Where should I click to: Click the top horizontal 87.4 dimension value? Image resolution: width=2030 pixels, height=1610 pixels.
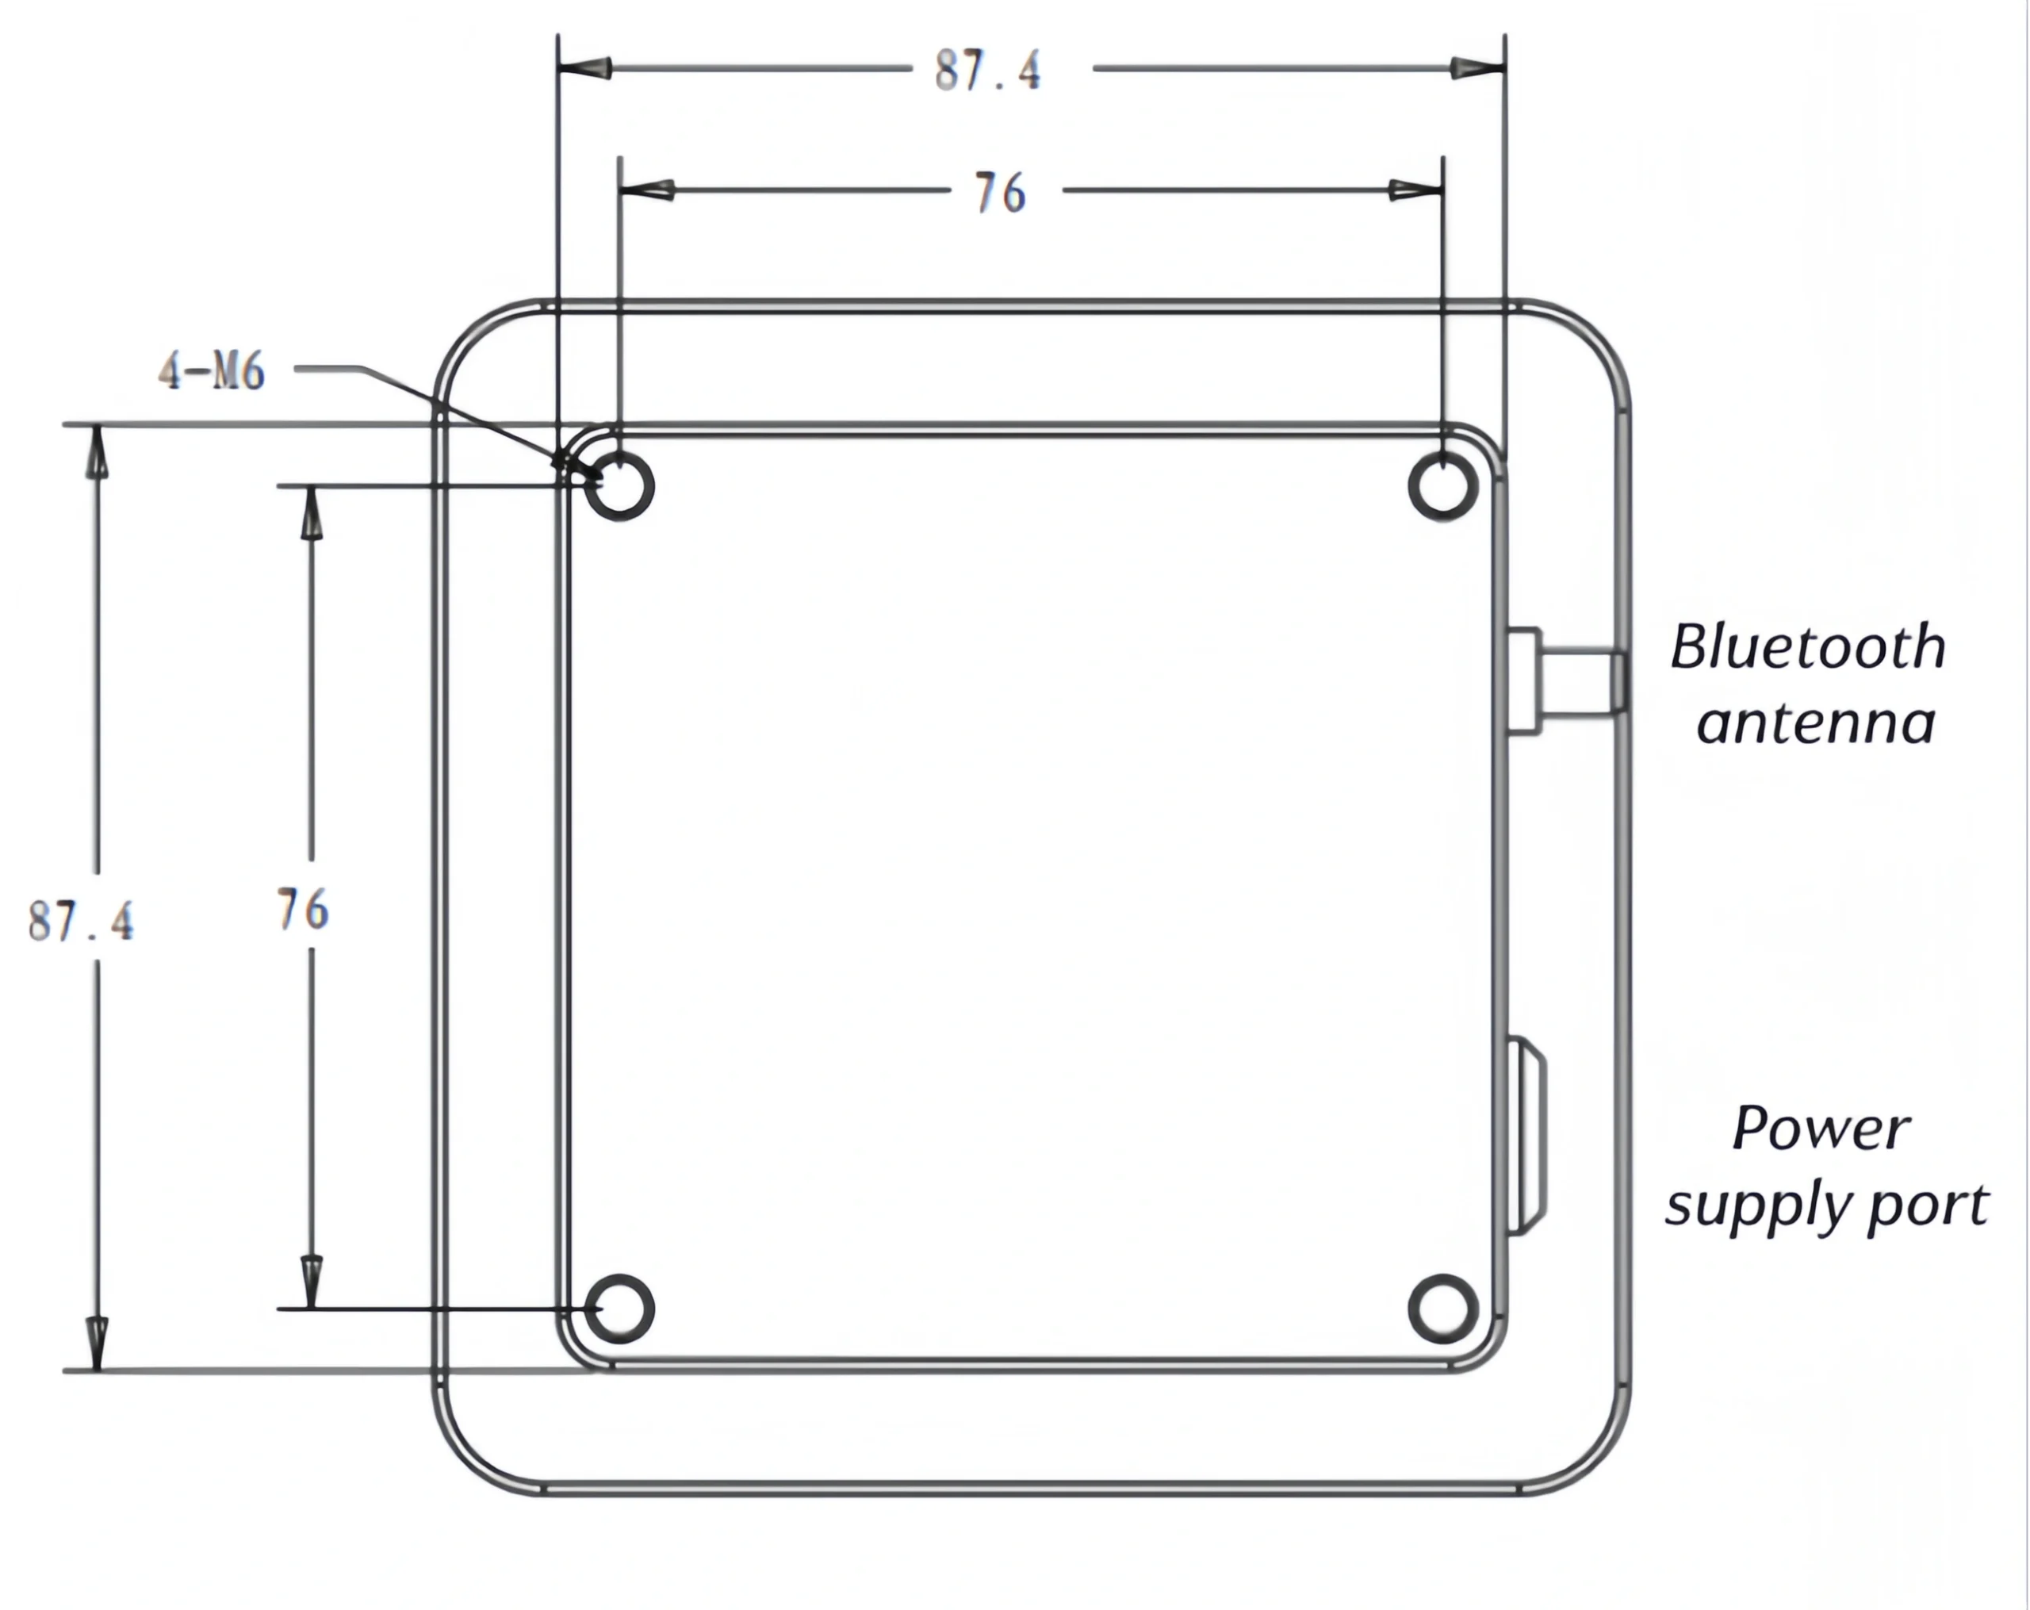[988, 71]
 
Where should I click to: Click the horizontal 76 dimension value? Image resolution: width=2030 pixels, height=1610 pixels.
[999, 193]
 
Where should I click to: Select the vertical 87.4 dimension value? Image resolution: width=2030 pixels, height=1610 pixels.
[81, 920]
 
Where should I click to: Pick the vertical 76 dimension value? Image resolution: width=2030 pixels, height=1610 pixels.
[303, 910]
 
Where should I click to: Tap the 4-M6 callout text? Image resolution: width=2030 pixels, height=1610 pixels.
[212, 372]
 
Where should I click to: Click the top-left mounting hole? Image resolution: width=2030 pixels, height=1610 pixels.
[619, 486]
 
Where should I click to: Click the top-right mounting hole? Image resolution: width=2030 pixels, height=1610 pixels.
[1442, 486]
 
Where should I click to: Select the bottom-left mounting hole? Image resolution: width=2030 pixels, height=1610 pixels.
[619, 1309]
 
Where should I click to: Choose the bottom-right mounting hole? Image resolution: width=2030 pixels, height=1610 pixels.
[1442, 1309]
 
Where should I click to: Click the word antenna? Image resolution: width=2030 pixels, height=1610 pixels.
[1814, 723]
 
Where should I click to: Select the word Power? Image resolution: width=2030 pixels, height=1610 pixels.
[1820, 1129]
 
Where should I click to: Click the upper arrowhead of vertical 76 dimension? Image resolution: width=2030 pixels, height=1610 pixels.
[312, 513]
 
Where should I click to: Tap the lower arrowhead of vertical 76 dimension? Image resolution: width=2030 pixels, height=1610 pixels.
[312, 1281]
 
